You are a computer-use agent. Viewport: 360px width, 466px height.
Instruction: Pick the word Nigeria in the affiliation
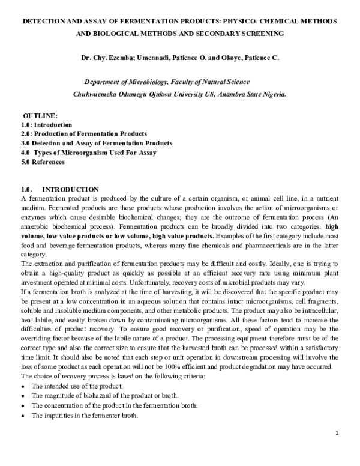pos(271,94)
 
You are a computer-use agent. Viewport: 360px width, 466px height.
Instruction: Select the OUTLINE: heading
pos(40,115)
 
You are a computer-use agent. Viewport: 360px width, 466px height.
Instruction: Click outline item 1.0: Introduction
pos(47,124)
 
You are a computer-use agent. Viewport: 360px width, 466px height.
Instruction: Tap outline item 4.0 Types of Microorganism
pos(89,153)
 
